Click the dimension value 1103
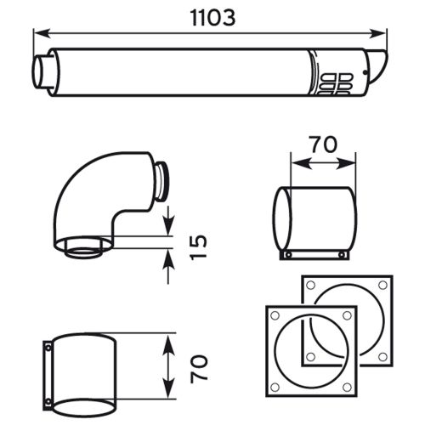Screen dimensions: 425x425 click(208, 17)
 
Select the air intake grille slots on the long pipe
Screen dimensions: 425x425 click(337, 82)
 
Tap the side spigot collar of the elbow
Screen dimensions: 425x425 click(161, 178)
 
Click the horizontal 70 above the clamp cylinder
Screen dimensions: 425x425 click(320, 145)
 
